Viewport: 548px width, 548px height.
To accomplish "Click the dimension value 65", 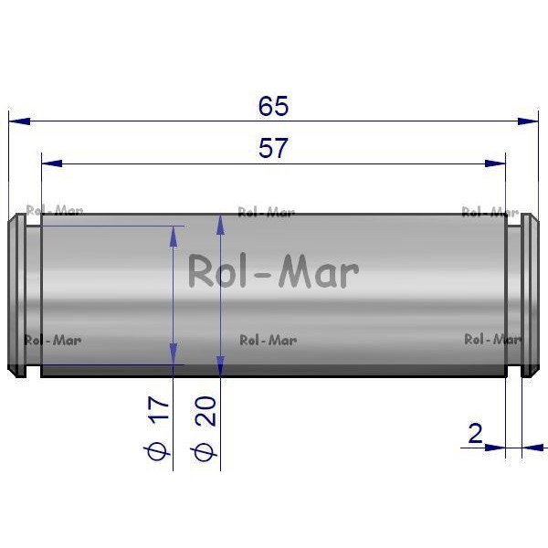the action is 273,106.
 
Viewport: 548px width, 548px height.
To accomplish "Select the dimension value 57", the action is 273,148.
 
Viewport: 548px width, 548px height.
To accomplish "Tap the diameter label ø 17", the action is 158,428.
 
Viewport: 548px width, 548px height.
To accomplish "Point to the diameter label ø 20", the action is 205,429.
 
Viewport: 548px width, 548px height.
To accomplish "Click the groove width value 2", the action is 475,433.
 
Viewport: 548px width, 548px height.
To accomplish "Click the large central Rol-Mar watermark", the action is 274,271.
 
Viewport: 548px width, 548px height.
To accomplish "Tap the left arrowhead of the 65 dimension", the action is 19,121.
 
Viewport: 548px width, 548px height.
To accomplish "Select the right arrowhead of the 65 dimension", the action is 528,121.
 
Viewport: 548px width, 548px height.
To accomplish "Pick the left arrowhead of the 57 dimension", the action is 52,163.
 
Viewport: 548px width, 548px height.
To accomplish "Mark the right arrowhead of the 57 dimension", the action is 495,163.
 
